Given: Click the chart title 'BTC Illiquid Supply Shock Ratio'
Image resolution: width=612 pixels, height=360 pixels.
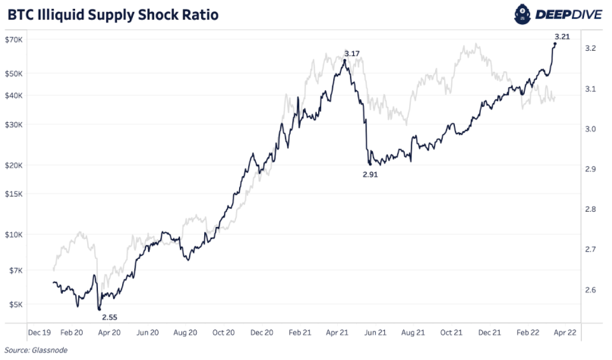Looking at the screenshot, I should pyautogui.click(x=113, y=15).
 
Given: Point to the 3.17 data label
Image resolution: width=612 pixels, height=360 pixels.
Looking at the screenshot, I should pyautogui.click(x=352, y=54).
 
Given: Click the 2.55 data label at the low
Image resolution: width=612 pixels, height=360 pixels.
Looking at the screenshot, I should pyautogui.click(x=109, y=316).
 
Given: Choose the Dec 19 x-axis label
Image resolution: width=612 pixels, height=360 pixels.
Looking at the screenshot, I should pyautogui.click(x=39, y=332).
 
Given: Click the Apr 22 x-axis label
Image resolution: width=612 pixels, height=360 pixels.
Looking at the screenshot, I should pyautogui.click(x=564, y=332).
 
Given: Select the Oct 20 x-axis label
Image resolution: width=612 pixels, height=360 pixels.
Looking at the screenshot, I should pyautogui.click(x=223, y=332).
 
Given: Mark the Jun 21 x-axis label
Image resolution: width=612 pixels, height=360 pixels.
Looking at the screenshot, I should pyautogui.click(x=375, y=332).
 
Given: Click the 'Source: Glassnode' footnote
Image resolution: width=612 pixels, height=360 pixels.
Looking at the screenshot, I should pyautogui.click(x=36, y=350).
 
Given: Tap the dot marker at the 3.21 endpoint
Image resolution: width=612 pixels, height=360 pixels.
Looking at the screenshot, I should pyautogui.click(x=555, y=44).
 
